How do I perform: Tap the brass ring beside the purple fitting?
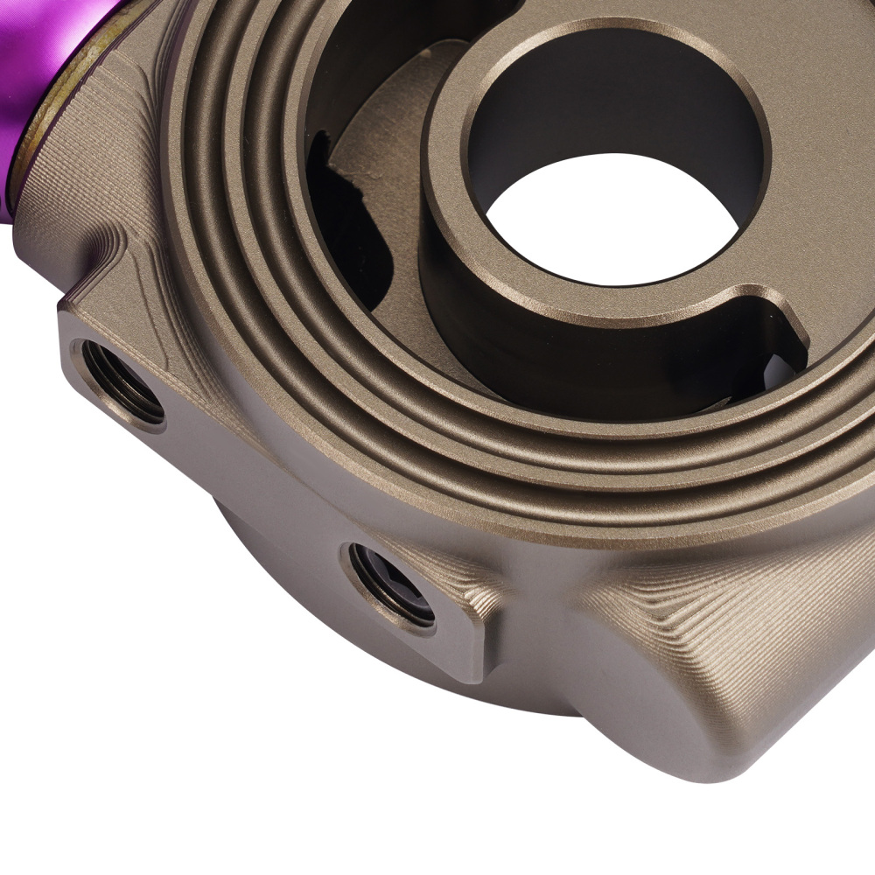tap(35, 131)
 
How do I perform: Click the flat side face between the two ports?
tap(254, 464)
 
